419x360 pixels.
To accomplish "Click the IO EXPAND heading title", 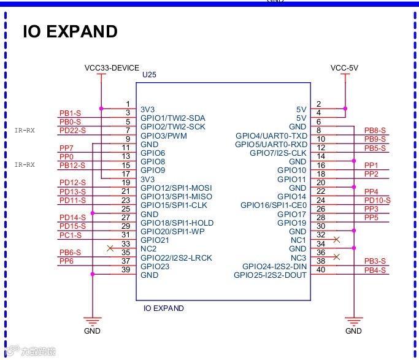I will point(70,32).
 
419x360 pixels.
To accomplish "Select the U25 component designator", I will point(149,75).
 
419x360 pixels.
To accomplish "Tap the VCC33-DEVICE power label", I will point(112,67).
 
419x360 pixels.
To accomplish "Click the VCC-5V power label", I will point(344,67).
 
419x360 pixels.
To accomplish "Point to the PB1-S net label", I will point(70,113).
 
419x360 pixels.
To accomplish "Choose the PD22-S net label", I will point(72,131).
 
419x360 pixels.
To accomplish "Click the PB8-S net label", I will point(375,131).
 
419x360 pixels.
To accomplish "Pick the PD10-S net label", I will point(377,201).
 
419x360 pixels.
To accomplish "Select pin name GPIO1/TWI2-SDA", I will point(173,118).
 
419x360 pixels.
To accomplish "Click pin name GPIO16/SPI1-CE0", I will point(273,205).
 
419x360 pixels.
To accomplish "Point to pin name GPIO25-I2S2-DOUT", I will point(270,275).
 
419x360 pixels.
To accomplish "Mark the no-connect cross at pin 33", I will point(110,248).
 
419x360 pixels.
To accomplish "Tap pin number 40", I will point(320,270).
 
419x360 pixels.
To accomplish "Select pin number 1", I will point(128,104).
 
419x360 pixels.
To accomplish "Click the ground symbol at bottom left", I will point(92,321).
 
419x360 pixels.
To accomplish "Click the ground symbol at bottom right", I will point(353,321).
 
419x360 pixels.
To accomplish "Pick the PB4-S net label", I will point(375,270).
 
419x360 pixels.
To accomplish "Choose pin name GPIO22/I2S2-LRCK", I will point(177,258).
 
